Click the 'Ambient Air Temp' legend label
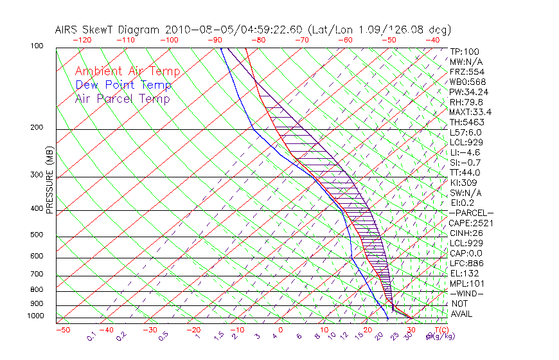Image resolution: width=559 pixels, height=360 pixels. pyautogui.click(x=127, y=72)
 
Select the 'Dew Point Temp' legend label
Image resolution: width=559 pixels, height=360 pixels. pyautogui.click(x=123, y=85)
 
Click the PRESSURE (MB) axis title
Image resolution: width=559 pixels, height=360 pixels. pyautogui.click(x=49, y=181)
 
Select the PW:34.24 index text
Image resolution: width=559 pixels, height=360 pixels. pyautogui.click(x=468, y=92)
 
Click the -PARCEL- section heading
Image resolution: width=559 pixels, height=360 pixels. pyautogui.click(x=471, y=213)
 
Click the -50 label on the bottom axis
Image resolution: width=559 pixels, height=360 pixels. pyautogui.click(x=62, y=330)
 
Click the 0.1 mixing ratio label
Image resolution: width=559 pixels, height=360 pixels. pyautogui.click(x=92, y=335)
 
